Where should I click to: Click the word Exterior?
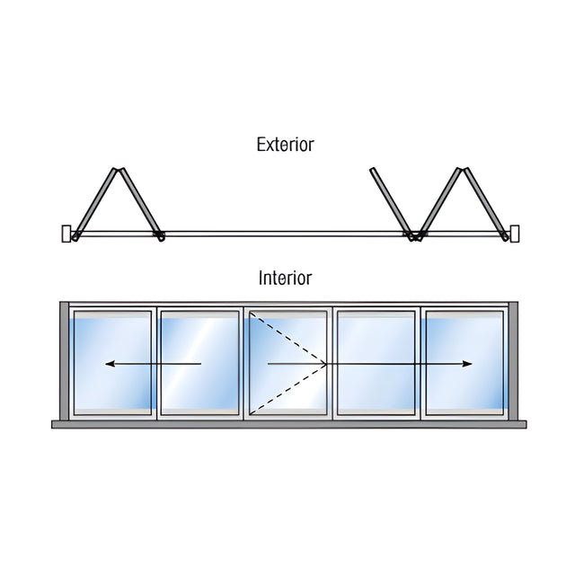(x=286, y=145)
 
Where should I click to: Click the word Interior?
(x=286, y=278)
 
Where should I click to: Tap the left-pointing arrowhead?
(x=110, y=364)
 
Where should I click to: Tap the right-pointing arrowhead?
(x=467, y=364)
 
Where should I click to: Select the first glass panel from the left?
(x=112, y=363)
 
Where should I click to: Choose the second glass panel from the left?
(x=199, y=363)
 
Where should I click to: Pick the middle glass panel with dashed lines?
(x=287, y=363)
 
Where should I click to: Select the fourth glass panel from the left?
(x=376, y=363)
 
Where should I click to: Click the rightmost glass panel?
(x=464, y=363)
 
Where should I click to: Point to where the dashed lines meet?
(x=326, y=364)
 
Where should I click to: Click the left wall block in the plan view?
(x=66, y=234)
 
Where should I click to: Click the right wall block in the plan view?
(x=515, y=234)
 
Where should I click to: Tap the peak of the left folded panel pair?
(x=118, y=169)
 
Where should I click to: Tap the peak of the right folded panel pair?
(x=463, y=169)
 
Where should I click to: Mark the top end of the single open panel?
(x=373, y=169)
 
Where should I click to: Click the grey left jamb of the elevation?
(x=64, y=361)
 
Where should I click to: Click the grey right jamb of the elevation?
(x=513, y=361)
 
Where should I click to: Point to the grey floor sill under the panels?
(x=289, y=425)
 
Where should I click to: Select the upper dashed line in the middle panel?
(x=287, y=338)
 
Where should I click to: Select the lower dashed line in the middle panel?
(x=287, y=389)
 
